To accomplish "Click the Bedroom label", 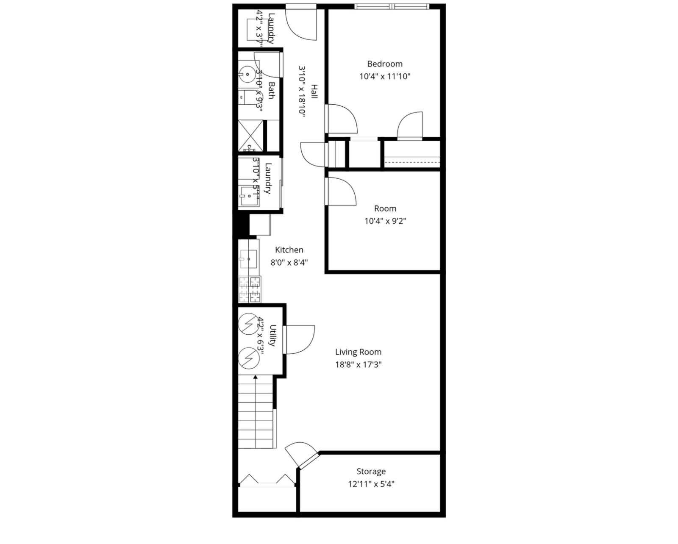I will (x=384, y=64).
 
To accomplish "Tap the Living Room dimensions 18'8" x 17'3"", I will (x=358, y=364).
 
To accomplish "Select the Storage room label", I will (x=371, y=472).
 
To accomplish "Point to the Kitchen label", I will (x=289, y=250).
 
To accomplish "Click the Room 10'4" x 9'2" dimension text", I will (x=385, y=221).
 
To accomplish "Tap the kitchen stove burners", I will (x=250, y=289).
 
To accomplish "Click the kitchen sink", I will (x=248, y=258).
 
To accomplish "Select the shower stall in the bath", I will (x=250, y=136).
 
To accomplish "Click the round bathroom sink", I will (x=246, y=74).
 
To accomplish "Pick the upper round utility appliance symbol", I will (x=248, y=324).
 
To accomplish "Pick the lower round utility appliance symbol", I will (x=248, y=358).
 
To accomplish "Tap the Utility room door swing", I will (x=300, y=339).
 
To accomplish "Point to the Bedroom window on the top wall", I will (x=392, y=6).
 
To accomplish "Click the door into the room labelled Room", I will (x=340, y=192).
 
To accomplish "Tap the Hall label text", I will (x=314, y=92).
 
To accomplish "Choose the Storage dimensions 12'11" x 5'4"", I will (x=371, y=484).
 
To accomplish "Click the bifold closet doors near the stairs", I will (x=267, y=480).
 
